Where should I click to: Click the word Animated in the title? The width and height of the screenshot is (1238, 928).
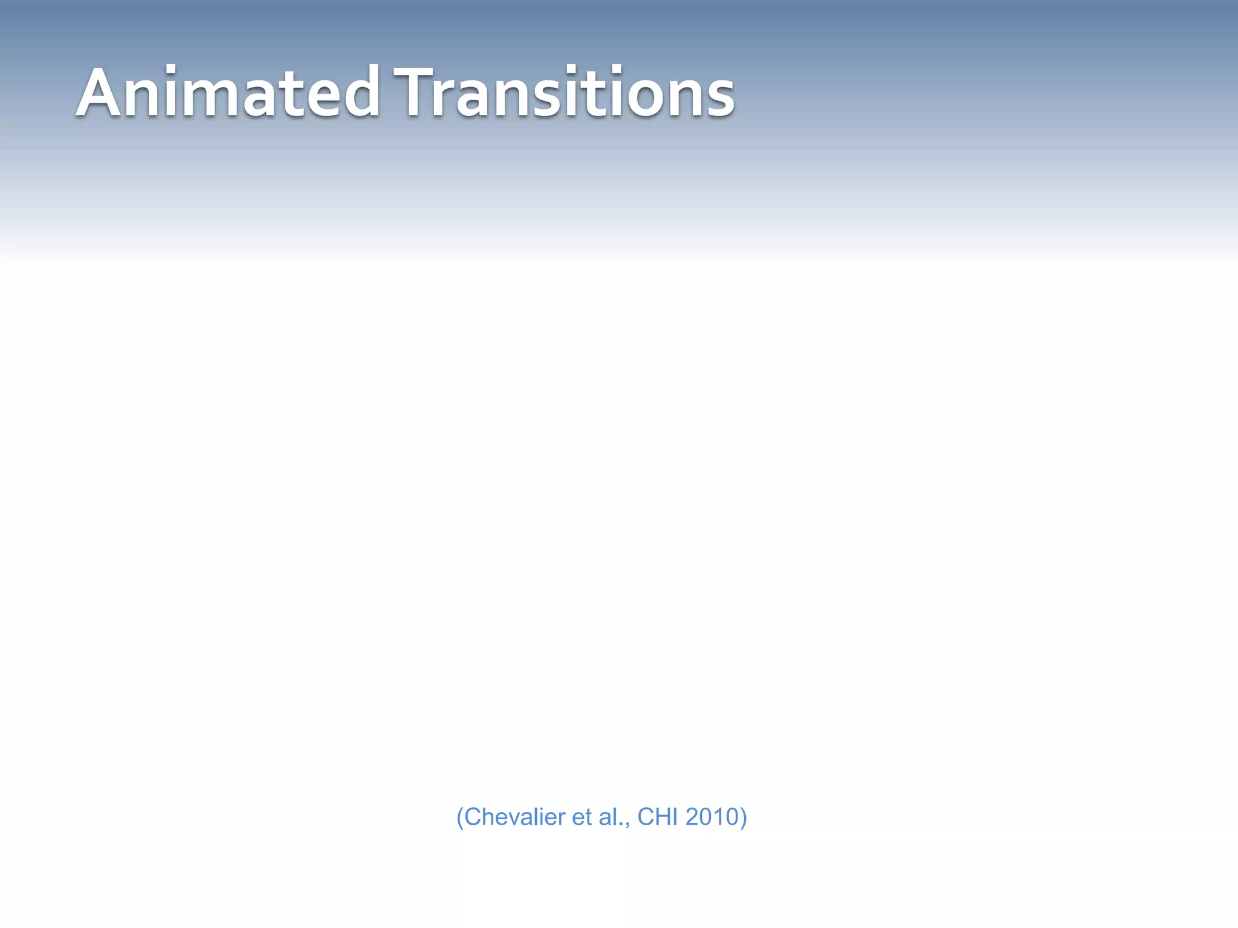point(228,94)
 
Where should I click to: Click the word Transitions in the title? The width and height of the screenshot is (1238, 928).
point(563,94)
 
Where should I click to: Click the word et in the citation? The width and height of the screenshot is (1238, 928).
point(581,817)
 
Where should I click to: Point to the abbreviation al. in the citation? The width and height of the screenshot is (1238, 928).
point(612,817)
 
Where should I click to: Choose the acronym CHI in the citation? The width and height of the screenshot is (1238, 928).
point(658,817)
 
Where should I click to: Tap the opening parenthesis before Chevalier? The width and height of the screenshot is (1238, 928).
point(460,817)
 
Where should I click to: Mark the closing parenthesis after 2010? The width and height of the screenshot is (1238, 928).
point(744,817)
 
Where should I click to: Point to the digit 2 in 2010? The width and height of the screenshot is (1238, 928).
point(693,817)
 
